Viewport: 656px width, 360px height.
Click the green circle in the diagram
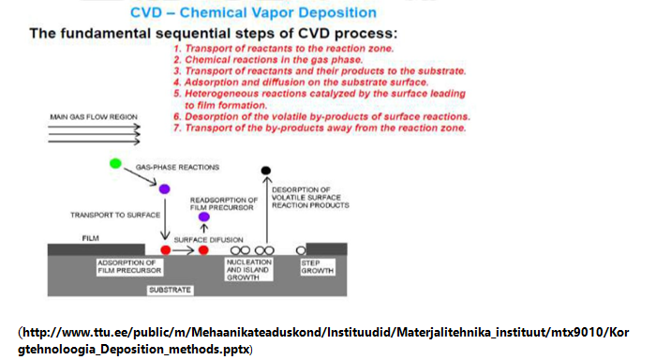[x=115, y=163]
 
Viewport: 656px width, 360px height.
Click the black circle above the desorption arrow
[x=266, y=170]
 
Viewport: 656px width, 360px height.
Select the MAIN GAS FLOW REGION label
[x=94, y=117]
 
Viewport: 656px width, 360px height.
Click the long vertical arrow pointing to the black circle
[x=266, y=211]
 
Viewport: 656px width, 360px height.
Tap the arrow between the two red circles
[x=185, y=250]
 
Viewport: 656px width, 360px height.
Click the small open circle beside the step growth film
[x=301, y=250]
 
